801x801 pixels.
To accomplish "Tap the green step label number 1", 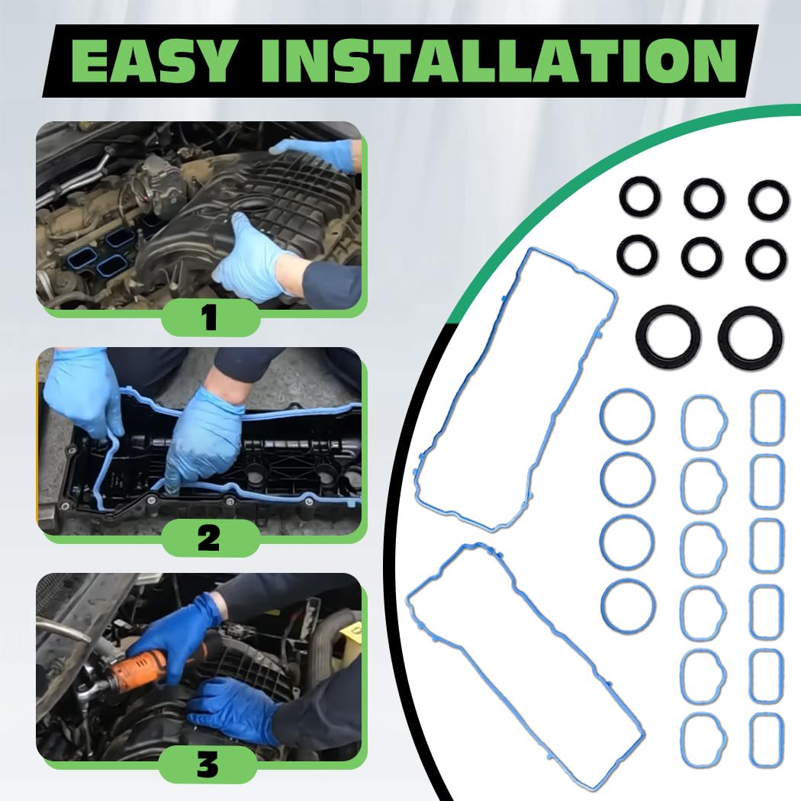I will click(209, 317).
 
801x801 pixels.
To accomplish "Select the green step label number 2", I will click(209, 539).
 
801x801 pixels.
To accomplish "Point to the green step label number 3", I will click(207, 764).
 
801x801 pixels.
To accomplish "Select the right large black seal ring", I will click(750, 336).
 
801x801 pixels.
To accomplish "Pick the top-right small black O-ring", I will click(767, 200).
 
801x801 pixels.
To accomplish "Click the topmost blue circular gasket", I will click(627, 417).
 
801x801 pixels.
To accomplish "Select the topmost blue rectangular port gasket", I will click(767, 418).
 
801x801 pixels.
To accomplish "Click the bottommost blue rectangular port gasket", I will click(767, 740).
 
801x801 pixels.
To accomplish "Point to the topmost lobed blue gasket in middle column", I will click(703, 422).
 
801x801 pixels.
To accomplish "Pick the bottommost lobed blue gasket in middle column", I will click(703, 741).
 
